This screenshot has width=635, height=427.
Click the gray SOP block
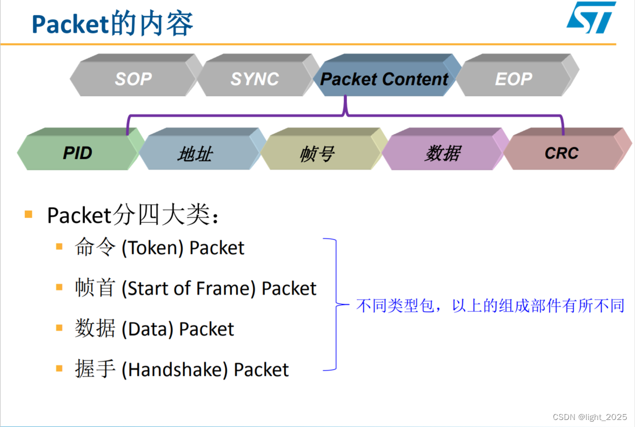(133, 79)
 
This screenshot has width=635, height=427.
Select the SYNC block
(255, 79)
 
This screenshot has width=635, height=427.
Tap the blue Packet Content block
(384, 79)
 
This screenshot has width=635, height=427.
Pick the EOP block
(513, 79)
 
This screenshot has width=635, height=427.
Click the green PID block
(78, 153)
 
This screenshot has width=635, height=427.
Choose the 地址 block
(195, 154)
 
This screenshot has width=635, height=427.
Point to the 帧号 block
(317, 154)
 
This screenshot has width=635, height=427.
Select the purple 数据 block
(442, 154)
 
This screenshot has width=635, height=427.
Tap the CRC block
(562, 154)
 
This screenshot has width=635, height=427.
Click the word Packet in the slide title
(63, 24)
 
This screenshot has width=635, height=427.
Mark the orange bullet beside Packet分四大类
(29, 214)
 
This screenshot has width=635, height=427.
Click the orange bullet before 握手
(59, 369)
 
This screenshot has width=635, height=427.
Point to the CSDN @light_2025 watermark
(590, 417)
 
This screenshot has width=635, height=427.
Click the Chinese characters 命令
(95, 248)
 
